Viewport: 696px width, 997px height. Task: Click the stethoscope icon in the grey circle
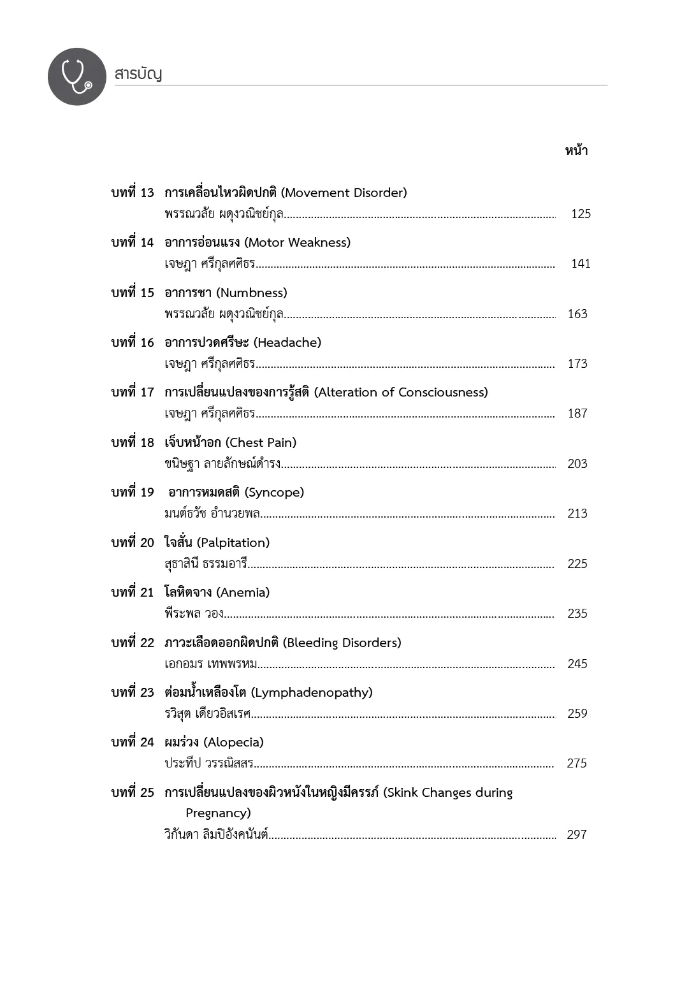[76, 76]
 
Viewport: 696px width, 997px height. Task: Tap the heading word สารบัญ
[138, 74]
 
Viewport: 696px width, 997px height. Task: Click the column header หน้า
[576, 150]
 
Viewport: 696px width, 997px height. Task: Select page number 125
[581, 214]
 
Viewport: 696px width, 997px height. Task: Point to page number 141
[581, 263]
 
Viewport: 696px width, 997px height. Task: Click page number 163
[577, 314]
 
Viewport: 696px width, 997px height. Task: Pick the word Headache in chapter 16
[287, 343]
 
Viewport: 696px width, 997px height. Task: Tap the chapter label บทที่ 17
[133, 392]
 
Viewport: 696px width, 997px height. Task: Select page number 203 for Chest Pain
[577, 463]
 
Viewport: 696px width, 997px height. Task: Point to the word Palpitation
[233, 543]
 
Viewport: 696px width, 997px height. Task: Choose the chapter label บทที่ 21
[133, 592]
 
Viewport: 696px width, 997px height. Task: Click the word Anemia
[243, 593]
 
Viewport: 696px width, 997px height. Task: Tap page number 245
[577, 664]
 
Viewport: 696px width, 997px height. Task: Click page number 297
[577, 834]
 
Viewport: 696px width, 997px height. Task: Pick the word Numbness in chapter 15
[252, 293]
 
